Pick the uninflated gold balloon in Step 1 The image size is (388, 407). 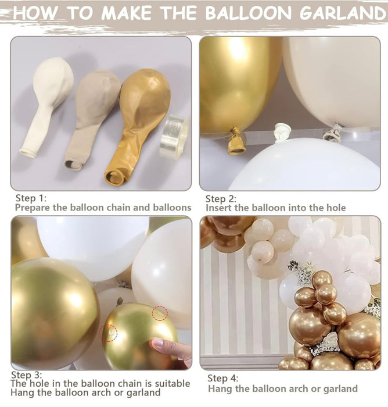coord(139,116)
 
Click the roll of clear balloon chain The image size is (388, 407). coord(174,137)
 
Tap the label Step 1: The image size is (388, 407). coord(30,198)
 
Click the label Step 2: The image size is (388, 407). coord(220,198)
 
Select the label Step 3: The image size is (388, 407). coord(26,375)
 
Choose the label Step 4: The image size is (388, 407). coord(223,378)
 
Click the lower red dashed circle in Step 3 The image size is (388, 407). coord(108,333)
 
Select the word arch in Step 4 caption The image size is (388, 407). coord(286,388)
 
